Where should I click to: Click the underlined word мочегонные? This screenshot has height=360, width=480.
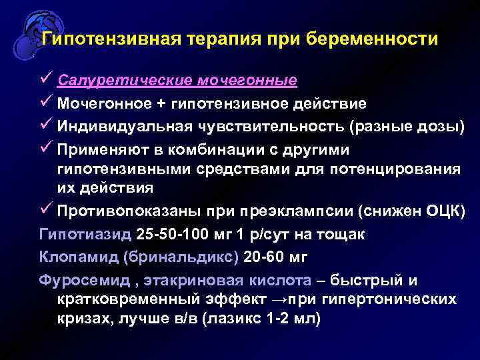click(x=247, y=81)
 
